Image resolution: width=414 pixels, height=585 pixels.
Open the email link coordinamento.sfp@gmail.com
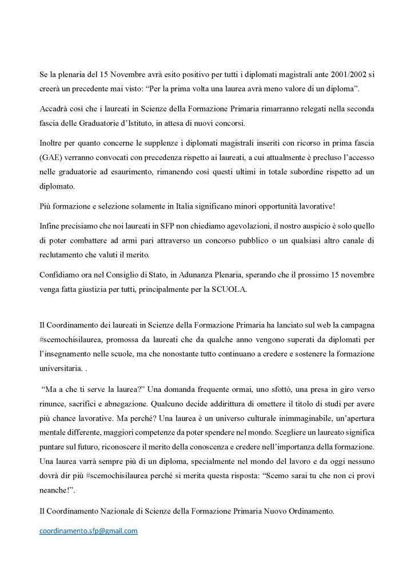click(x=89, y=531)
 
